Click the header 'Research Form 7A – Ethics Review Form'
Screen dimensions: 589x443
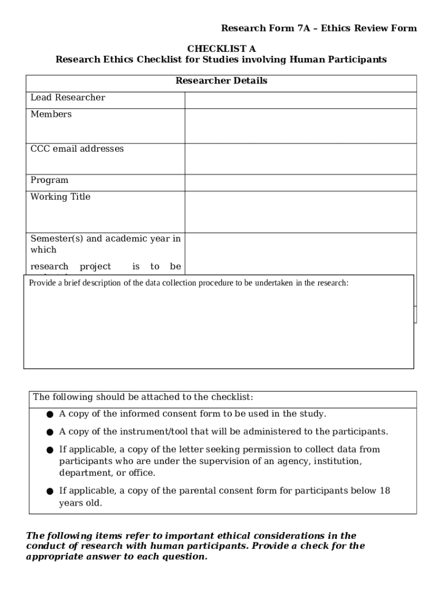(319, 28)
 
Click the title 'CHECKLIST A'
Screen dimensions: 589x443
(221, 49)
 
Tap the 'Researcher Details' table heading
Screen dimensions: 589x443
(221, 81)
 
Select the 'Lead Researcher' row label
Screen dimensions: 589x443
(68, 98)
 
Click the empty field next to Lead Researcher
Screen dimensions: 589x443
(300, 100)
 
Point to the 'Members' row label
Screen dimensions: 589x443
(51, 114)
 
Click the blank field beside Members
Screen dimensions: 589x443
(300, 125)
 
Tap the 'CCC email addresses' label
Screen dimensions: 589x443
(77, 149)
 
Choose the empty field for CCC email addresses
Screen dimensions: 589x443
(300, 158)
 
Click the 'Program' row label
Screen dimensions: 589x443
(49, 180)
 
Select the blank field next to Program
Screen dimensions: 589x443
(300, 182)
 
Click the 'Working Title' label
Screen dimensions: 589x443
(60, 197)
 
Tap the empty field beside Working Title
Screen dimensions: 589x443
(300, 211)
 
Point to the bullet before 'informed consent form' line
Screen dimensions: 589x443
(50, 415)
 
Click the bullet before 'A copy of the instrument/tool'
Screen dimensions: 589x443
(50, 433)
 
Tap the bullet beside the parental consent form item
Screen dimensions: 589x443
(50, 492)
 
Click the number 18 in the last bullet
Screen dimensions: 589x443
(385, 491)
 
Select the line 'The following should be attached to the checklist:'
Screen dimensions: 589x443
(143, 397)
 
